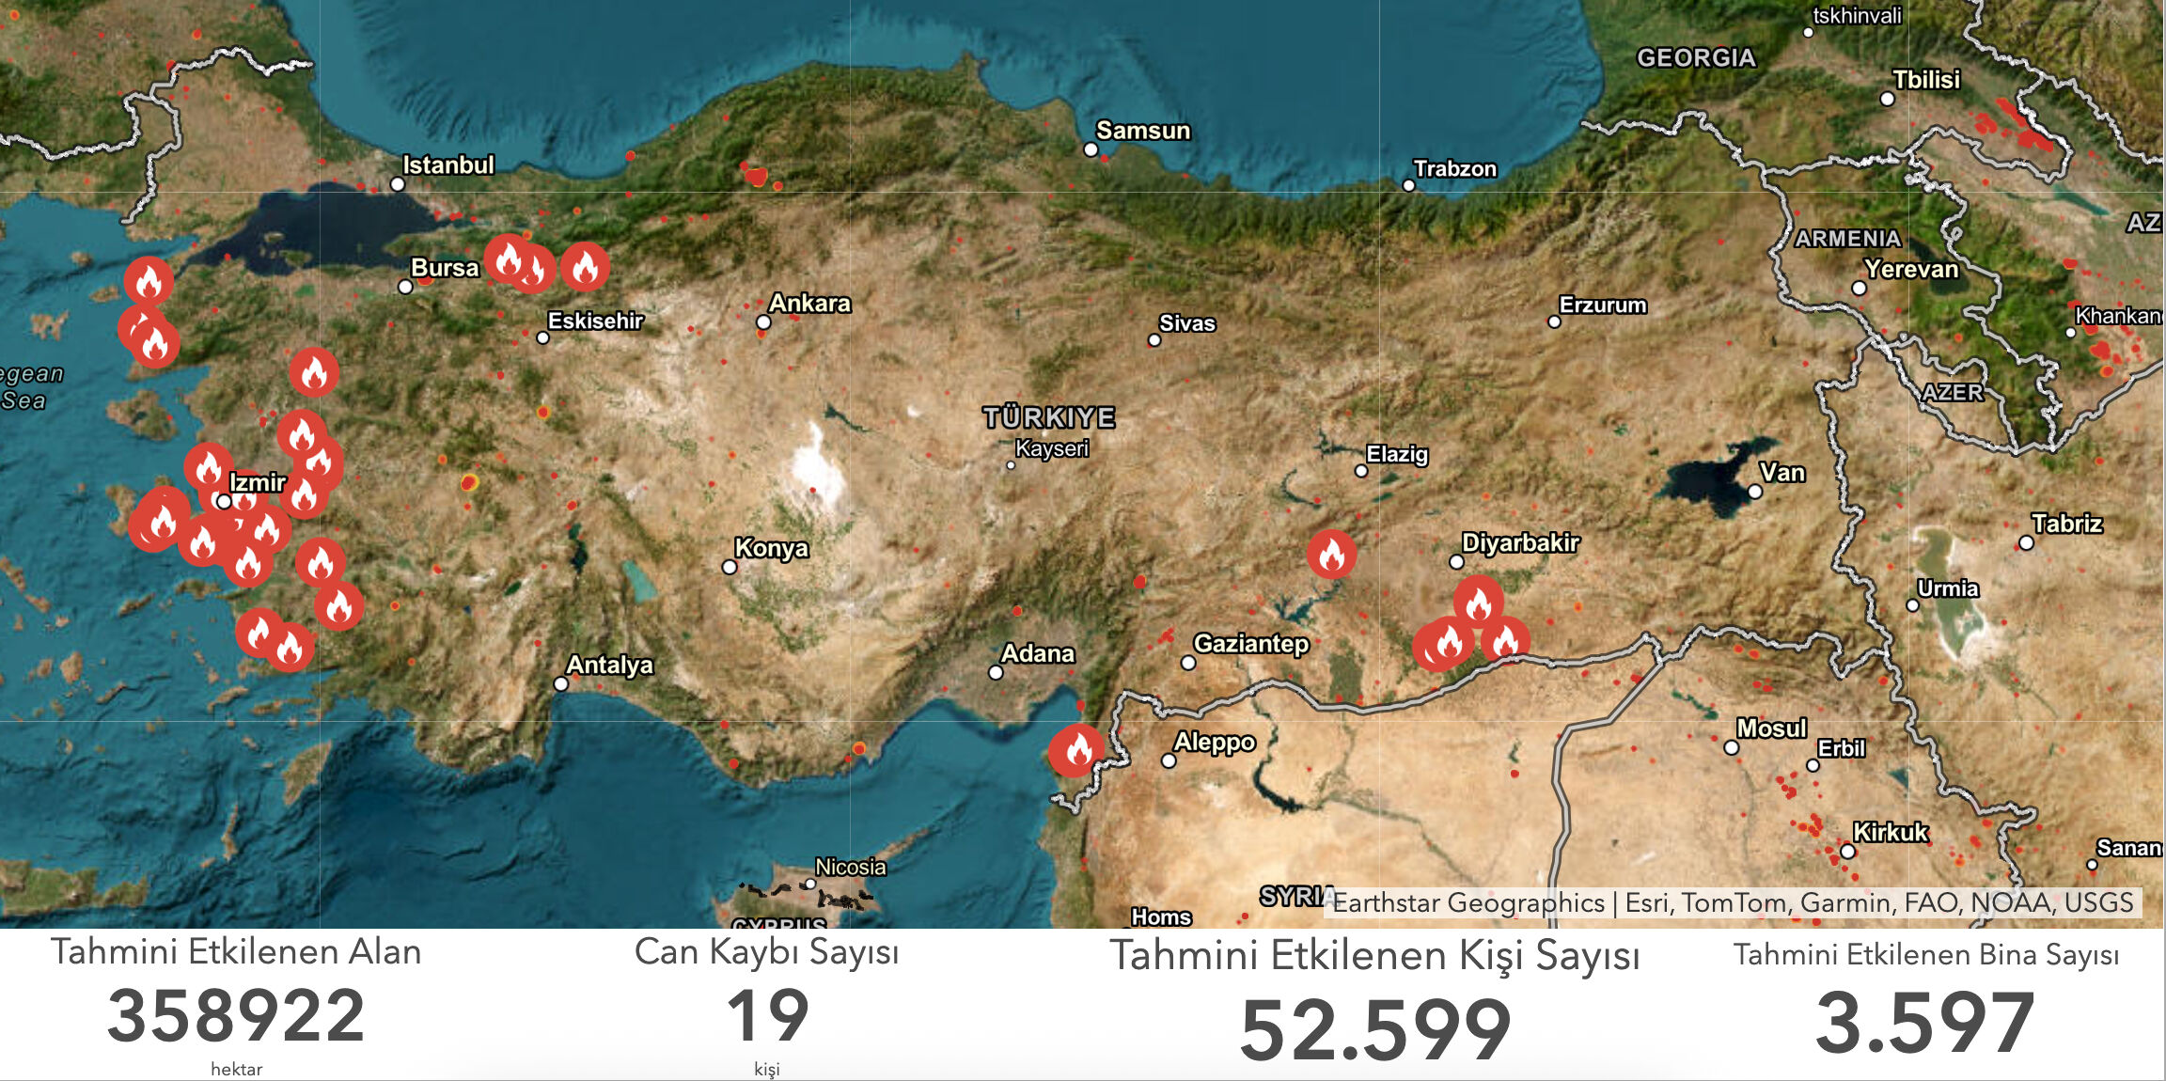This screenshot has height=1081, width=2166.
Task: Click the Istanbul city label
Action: (x=448, y=165)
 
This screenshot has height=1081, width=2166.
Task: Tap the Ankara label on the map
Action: (x=809, y=304)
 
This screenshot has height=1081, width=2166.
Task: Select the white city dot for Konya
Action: (x=730, y=567)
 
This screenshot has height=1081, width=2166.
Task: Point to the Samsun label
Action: (x=1143, y=131)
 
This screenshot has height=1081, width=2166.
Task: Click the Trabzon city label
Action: (x=1454, y=169)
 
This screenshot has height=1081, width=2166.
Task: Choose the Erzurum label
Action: (x=1603, y=305)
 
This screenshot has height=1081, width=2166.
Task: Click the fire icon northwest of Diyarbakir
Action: (x=1331, y=555)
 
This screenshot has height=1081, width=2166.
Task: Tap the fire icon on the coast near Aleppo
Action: (x=1077, y=750)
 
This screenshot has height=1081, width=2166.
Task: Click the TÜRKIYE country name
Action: (x=1049, y=417)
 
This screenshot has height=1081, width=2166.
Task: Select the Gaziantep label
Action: (x=1250, y=644)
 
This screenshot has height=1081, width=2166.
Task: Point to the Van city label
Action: (x=1782, y=473)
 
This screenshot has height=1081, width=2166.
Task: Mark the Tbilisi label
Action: (x=1926, y=80)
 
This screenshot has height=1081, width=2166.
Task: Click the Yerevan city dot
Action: (x=1859, y=289)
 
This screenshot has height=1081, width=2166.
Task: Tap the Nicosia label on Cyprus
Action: (x=850, y=867)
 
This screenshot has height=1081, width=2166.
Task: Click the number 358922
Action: (x=236, y=1017)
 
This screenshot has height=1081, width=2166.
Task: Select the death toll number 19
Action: (x=767, y=1016)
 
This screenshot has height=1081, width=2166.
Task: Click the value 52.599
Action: (x=1375, y=1030)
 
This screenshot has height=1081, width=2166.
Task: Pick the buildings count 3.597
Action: (x=1925, y=1023)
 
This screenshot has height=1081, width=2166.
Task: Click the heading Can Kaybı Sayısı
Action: (x=766, y=952)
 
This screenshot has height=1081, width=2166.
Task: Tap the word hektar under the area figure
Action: (x=236, y=1069)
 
